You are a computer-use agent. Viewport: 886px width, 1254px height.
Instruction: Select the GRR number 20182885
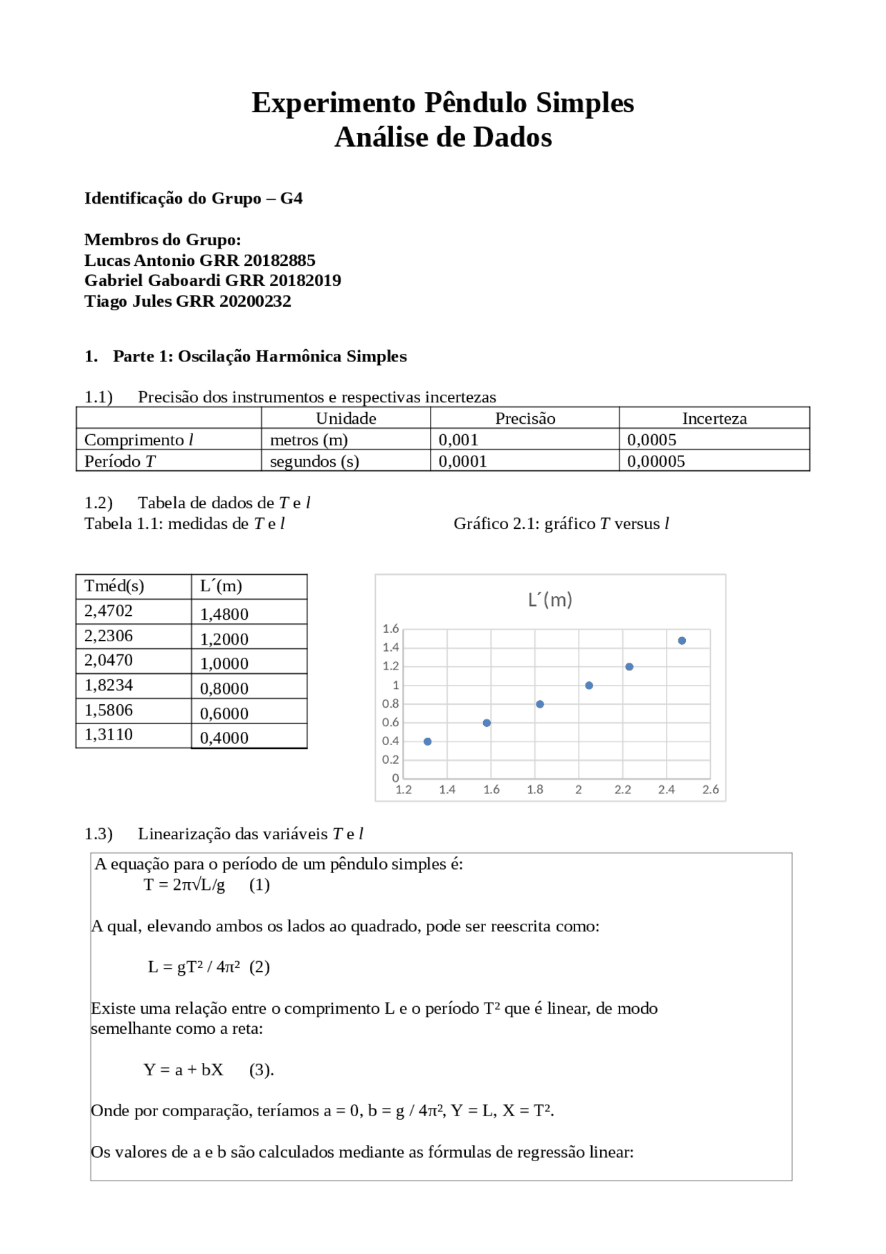[x=280, y=260]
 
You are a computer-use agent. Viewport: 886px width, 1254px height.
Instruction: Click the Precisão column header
[x=525, y=418]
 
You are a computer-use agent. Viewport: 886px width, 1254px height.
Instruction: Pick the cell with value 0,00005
[x=656, y=461]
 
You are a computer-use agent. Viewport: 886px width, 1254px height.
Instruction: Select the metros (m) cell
[x=309, y=440]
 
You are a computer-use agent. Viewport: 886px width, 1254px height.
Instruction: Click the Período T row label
[x=120, y=461]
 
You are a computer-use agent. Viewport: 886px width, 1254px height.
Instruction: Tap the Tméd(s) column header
[x=114, y=586]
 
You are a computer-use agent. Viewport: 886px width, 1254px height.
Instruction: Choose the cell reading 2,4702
[x=109, y=611]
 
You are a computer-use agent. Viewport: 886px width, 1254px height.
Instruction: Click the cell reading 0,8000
[x=224, y=688]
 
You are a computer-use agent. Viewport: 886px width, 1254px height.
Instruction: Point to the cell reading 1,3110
[x=109, y=734]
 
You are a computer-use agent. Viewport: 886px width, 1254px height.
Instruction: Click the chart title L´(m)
[x=550, y=599]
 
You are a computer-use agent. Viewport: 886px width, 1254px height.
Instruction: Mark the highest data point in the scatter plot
[x=682, y=641]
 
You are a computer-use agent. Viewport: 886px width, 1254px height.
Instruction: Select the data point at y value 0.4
[x=428, y=742]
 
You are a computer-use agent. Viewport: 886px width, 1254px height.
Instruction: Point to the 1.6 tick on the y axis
[x=390, y=629]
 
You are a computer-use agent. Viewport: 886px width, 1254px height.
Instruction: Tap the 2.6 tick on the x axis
[x=710, y=789]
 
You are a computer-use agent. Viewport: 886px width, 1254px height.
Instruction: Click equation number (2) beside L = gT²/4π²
[x=260, y=967]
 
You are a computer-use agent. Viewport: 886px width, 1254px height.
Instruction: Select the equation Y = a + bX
[x=183, y=1070]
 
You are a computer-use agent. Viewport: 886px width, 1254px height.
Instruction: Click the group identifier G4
[x=291, y=199]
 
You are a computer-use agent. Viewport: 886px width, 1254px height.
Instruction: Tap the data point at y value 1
[x=589, y=686]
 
